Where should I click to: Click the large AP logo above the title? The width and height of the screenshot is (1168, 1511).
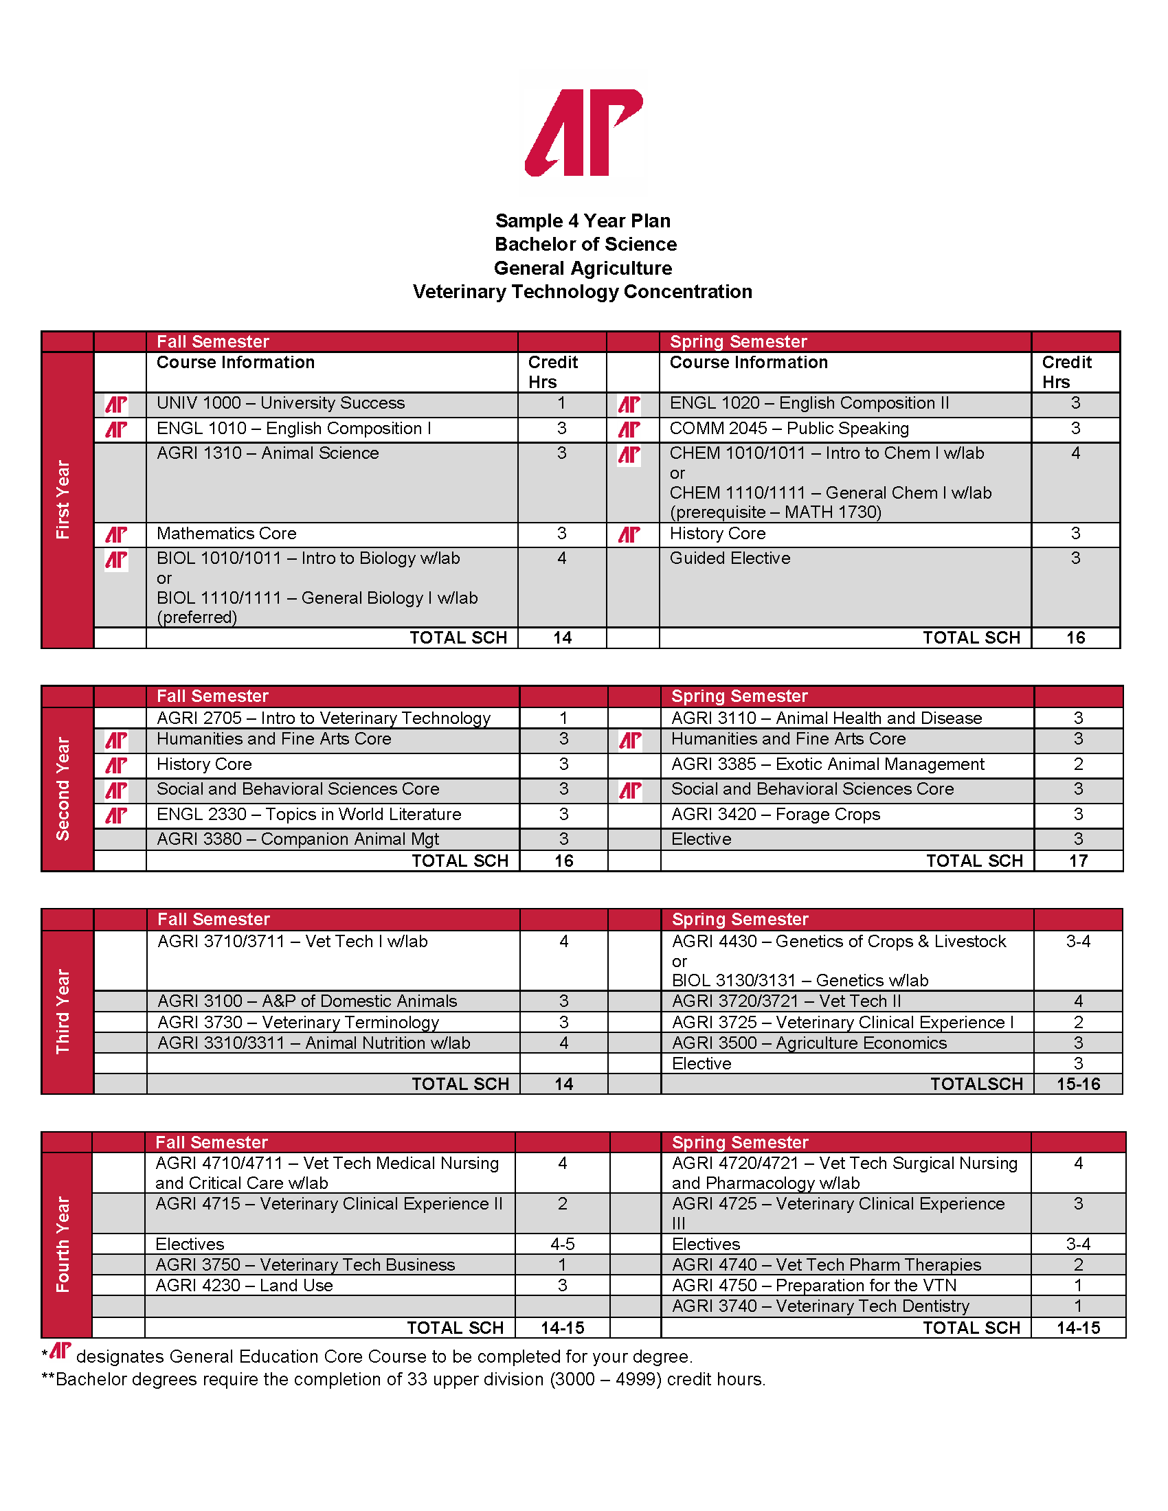[x=585, y=132]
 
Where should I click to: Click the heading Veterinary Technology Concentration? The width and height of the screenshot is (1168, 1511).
[x=582, y=292]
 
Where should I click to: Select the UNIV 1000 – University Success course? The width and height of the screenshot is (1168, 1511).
[x=280, y=403]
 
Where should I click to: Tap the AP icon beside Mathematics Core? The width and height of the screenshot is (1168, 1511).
[x=116, y=534]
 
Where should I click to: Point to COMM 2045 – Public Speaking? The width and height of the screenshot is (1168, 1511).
[x=789, y=429]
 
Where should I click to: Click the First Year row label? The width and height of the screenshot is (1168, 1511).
[x=64, y=499]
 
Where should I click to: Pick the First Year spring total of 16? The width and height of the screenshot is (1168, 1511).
[x=1075, y=638]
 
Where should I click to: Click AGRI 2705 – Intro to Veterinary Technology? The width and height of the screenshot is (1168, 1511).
[x=323, y=718]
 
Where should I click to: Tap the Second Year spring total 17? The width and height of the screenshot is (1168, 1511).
[x=1078, y=861]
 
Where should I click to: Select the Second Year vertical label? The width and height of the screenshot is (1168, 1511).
[x=64, y=788]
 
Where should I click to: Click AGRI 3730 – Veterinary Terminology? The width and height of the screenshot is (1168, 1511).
[x=298, y=1023]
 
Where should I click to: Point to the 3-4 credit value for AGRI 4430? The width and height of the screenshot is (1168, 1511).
[x=1078, y=942]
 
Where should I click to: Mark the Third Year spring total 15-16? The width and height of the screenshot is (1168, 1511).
[x=1078, y=1084]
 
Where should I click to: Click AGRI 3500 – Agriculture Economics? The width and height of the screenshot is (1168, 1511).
[x=809, y=1043]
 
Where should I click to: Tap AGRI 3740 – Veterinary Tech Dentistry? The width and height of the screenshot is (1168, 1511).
[x=820, y=1306]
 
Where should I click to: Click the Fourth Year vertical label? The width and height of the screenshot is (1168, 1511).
[x=64, y=1244]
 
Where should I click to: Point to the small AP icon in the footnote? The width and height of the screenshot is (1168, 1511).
[x=60, y=1350]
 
